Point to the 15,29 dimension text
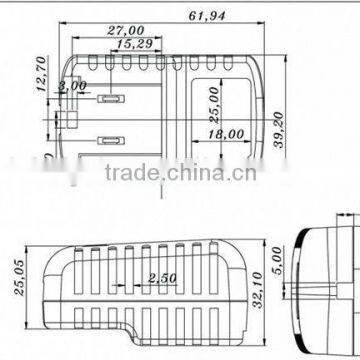134,45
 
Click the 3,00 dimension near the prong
72,88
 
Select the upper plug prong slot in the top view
109,100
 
